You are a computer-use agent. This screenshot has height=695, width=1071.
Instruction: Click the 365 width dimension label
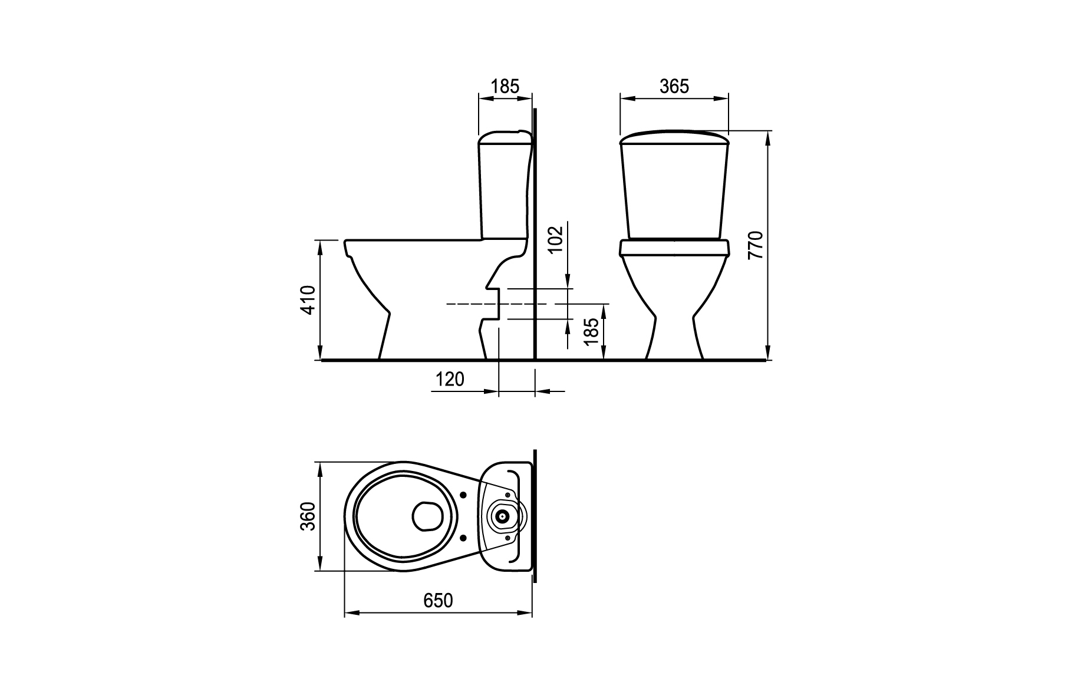[x=674, y=87]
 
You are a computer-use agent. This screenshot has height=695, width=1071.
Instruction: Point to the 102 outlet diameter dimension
[x=556, y=239]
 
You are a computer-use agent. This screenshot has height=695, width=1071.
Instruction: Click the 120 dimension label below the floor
[x=450, y=379]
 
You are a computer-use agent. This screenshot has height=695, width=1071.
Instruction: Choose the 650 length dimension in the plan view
[x=438, y=601]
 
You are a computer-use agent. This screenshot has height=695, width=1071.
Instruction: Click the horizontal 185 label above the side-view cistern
[x=505, y=87]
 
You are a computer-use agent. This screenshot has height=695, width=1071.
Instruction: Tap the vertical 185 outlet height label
[x=591, y=331]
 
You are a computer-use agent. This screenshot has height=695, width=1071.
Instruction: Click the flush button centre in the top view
[x=502, y=516]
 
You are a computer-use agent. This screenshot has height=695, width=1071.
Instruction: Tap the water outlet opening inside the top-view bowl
[x=427, y=516]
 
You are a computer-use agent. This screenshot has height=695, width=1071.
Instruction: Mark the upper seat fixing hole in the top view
[x=463, y=495]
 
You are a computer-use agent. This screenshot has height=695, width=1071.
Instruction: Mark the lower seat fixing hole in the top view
[x=463, y=538]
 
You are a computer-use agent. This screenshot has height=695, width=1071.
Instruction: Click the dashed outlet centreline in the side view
[x=500, y=304]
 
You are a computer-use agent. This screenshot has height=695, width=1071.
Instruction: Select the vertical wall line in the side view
[x=535, y=234]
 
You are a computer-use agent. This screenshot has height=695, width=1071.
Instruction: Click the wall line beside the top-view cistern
[x=535, y=515]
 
